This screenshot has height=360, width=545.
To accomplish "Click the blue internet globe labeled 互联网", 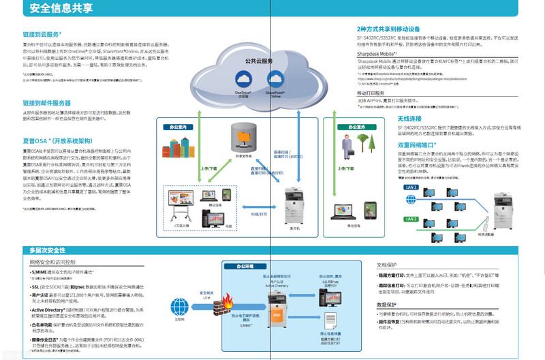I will pyautogui.click(x=180, y=304).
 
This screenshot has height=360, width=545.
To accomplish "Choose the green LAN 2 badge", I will pyautogui.click(x=411, y=219).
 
